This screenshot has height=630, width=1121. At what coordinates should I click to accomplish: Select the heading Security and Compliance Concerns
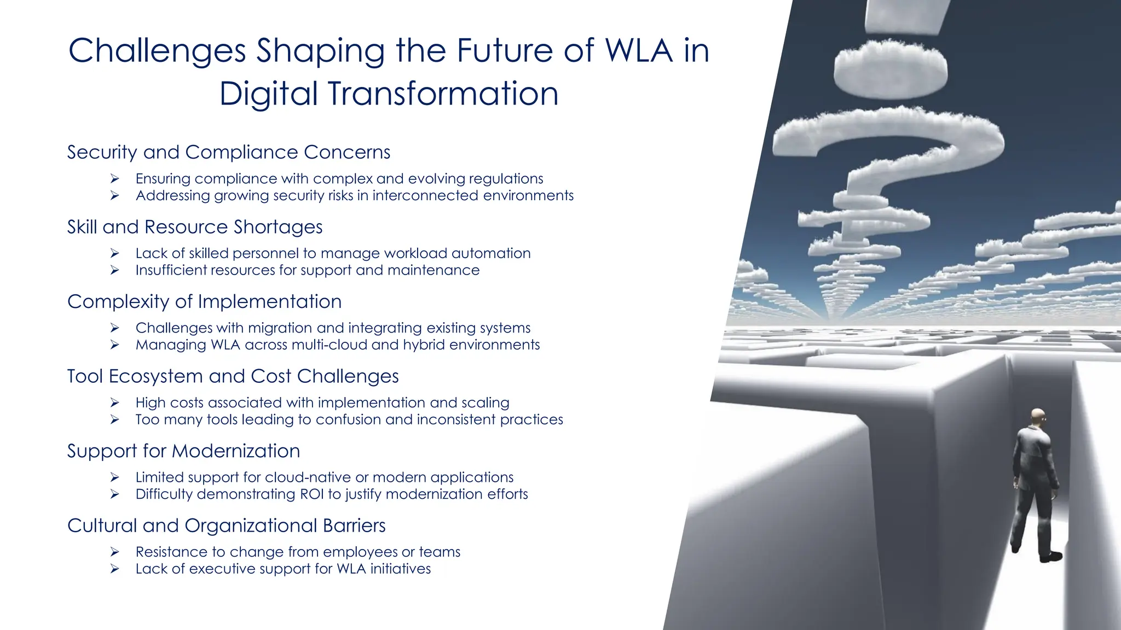(x=229, y=152)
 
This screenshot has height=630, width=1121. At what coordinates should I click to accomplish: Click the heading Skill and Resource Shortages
(x=195, y=227)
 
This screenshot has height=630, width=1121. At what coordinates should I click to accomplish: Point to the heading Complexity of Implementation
(x=204, y=301)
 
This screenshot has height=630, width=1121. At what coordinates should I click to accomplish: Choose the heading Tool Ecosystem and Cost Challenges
(x=233, y=376)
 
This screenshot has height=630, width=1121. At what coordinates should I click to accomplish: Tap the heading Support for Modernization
(x=183, y=451)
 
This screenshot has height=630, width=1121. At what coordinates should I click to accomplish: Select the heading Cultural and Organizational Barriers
(x=226, y=526)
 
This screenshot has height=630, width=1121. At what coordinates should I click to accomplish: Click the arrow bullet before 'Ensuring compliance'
(x=114, y=178)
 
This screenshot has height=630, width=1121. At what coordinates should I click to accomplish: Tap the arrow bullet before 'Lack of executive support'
(x=114, y=569)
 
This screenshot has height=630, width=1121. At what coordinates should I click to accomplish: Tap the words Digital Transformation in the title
(x=389, y=94)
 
